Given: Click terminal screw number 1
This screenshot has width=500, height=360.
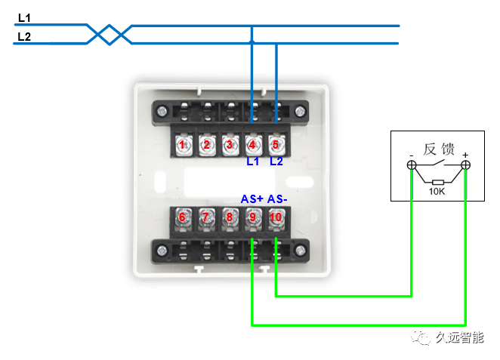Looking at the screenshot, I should point(183,144).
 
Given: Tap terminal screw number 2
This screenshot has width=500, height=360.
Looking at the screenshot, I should point(206,144).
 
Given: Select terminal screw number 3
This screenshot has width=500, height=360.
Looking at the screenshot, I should point(230,144).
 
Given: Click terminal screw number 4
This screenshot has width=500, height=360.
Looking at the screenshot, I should point(252,144).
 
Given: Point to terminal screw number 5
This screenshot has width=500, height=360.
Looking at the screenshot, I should point(276,144).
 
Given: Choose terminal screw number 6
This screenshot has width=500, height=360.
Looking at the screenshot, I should point(183,218).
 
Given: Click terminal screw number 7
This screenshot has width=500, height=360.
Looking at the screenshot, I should point(206,218).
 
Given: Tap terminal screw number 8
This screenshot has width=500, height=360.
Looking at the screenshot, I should point(230,218).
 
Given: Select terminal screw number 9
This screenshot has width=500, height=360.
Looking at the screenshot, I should point(252,218).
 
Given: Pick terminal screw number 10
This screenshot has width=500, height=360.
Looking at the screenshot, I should point(276,218).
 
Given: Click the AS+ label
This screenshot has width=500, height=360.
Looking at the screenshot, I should point(252,199).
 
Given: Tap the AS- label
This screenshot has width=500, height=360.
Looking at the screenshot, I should point(277,199).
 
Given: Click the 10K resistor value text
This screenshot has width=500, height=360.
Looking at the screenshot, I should point(437,192).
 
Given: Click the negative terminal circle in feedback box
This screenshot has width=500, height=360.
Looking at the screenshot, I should point(411,165).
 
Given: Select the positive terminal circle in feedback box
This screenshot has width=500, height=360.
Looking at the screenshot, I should point(466,165).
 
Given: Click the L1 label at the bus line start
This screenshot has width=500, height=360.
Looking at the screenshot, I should point(24,17).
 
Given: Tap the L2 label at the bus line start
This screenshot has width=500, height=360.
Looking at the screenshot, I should point(24,35).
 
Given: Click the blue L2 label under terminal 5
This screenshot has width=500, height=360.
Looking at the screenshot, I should point(276,162).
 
